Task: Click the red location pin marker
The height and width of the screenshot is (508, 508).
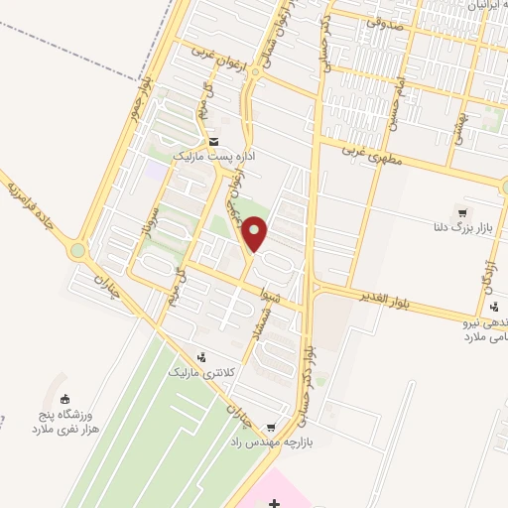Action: [255, 233]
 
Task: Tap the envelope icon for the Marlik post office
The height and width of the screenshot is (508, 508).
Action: [214, 142]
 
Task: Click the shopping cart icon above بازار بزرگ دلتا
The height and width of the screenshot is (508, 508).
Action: [462, 212]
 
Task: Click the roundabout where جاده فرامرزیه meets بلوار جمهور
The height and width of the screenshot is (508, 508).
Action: [77, 251]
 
